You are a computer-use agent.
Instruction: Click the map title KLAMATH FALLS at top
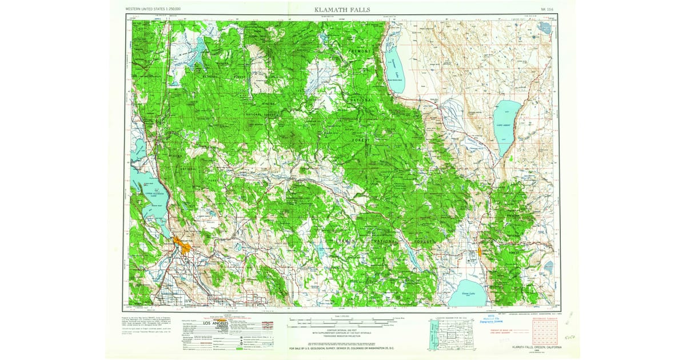click(341, 10)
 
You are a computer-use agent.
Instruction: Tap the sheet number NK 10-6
click(547, 10)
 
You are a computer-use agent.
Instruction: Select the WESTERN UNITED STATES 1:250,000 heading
click(153, 10)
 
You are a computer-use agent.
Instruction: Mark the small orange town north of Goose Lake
click(479, 251)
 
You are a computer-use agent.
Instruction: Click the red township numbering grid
click(543, 331)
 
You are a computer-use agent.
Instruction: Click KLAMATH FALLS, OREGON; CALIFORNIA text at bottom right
click(528, 347)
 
